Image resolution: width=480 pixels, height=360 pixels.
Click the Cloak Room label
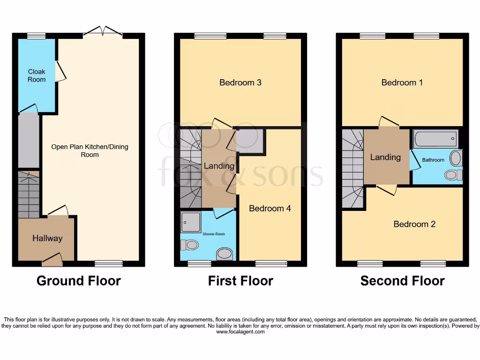pyautogui.click(x=37, y=75)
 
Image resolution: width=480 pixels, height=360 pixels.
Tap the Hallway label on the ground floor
pyautogui.click(x=47, y=238)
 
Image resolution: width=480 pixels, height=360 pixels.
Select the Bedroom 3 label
pyautogui.click(x=240, y=82)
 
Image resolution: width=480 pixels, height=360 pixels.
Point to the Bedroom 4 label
pyautogui.click(x=270, y=208)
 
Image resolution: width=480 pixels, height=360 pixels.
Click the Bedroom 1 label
pyautogui.click(x=402, y=82)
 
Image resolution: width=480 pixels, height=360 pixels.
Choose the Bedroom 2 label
pyautogui.click(x=414, y=224)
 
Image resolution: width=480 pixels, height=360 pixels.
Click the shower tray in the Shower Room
pyautogui.click(x=191, y=221)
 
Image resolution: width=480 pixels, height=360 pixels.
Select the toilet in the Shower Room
pyautogui.click(x=190, y=245)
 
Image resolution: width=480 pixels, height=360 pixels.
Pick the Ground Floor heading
pyautogui.click(x=79, y=281)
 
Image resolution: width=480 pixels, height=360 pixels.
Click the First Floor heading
pyautogui.click(x=240, y=281)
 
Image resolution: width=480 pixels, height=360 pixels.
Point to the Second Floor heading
pyautogui.click(x=402, y=281)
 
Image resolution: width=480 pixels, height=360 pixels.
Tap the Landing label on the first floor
pyautogui.click(x=219, y=166)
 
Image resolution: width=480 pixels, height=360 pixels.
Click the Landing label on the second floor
pyautogui.click(x=385, y=157)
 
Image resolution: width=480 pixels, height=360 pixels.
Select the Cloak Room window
pyautogui.click(x=36, y=36)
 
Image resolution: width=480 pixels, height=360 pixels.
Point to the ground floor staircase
pyautogui.click(x=29, y=194)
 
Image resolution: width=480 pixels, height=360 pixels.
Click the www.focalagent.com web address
pyautogui.click(x=240, y=332)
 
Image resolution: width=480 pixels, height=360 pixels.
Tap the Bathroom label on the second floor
pyautogui.click(x=433, y=160)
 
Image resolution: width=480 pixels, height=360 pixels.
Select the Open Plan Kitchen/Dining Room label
pyautogui.click(x=90, y=150)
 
